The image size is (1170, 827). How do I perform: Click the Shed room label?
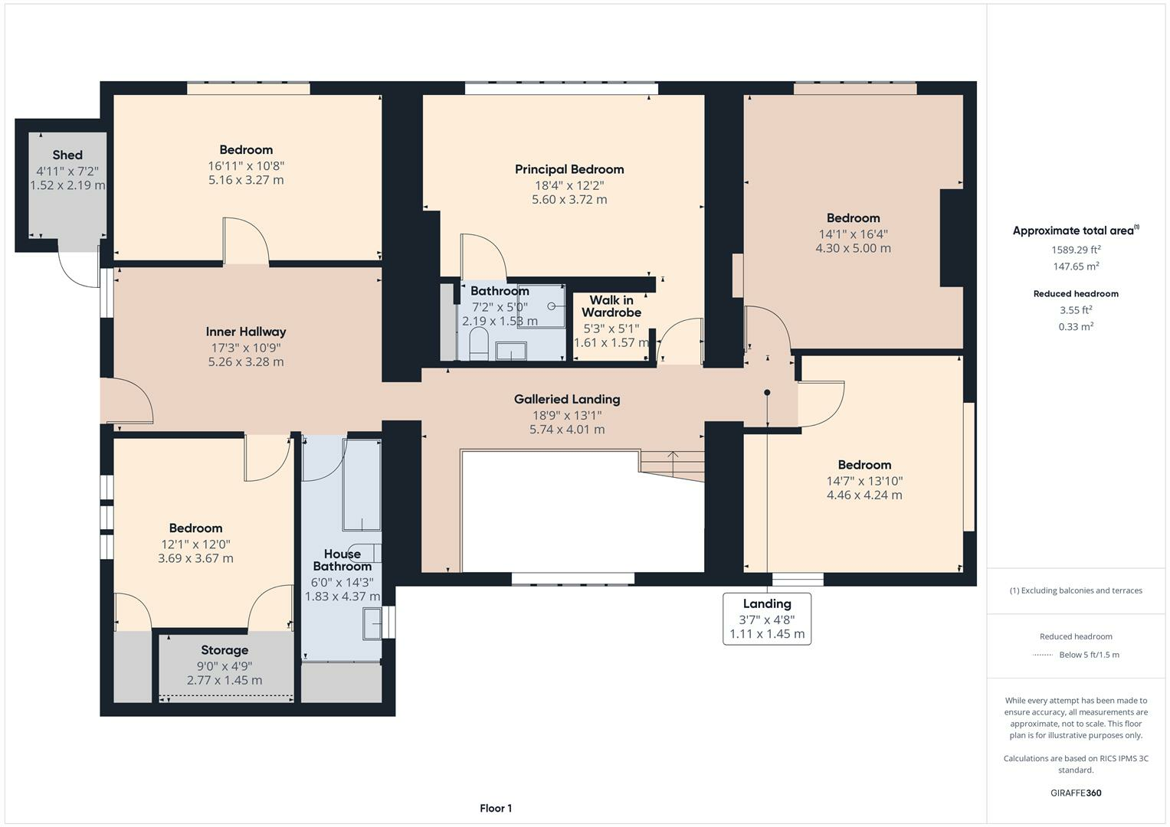coord(67,155)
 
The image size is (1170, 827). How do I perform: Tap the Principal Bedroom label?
coord(569,169)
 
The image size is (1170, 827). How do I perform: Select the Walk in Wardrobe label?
coord(611,306)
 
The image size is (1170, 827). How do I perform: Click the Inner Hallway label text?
coord(246,332)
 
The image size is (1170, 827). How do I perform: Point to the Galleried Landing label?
coord(567,399)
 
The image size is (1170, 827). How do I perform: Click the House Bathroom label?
coord(342,560)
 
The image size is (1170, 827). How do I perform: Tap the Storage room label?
coord(224,650)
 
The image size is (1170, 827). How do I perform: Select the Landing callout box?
coord(767,619)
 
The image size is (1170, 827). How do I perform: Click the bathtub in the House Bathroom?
coord(362,485)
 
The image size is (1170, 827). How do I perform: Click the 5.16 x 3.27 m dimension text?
coord(246,180)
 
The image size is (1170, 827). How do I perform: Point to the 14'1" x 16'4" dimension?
coord(853,234)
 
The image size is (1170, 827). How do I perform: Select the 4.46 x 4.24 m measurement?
coord(864,495)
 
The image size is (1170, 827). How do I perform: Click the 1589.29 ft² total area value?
coord(1076,250)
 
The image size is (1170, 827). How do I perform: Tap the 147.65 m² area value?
coord(1076,266)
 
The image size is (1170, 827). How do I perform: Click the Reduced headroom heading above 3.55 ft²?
coord(1076,293)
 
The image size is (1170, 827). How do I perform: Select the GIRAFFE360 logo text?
coord(1076,793)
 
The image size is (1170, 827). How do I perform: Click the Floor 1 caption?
coord(496,808)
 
